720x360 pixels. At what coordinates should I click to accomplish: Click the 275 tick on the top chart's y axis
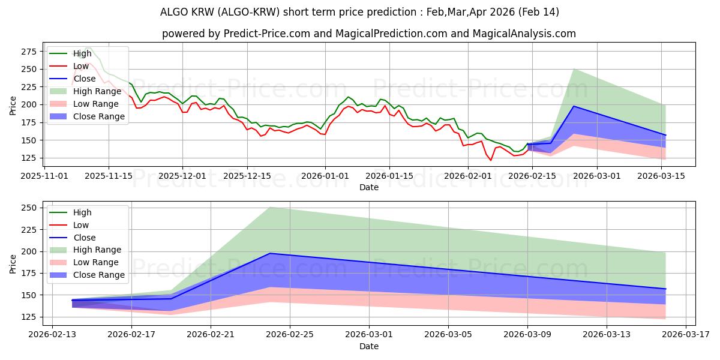[29, 52]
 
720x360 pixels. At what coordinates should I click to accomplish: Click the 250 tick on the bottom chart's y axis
[29, 208]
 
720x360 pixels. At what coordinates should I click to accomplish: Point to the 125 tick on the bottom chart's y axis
[29, 317]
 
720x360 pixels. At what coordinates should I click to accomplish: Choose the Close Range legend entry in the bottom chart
[98, 275]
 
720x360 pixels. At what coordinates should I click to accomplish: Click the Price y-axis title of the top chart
[13, 106]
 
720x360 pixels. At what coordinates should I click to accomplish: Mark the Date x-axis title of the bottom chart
[368, 346]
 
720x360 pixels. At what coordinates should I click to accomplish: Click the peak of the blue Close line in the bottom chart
[270, 253]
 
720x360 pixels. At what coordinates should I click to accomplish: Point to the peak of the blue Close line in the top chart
[574, 106]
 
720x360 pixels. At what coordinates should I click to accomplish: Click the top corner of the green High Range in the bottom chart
[270, 207]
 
